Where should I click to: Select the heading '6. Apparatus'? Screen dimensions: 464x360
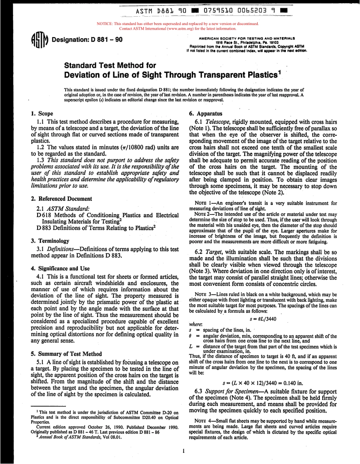coord(203,113)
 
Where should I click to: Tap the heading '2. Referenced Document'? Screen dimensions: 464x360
coord(61,198)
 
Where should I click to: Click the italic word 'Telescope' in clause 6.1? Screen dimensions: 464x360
coord(222,121)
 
